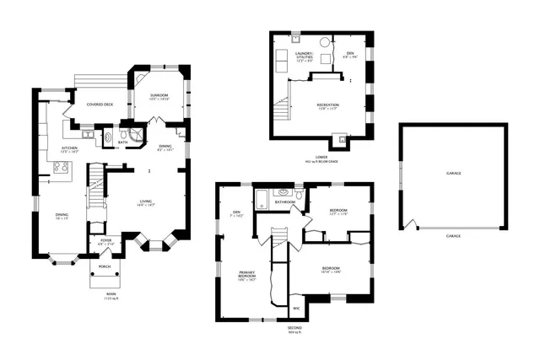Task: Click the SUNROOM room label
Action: pyautogui.click(x=159, y=95)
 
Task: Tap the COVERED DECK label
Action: pyautogui.click(x=100, y=105)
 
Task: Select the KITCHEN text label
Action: pyautogui.click(x=69, y=148)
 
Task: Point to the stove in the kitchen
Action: pyautogui.click(x=61, y=167)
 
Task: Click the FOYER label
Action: pyautogui.click(x=106, y=240)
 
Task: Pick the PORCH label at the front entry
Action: pyautogui.click(x=105, y=266)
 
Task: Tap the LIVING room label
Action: pyautogui.click(x=146, y=201)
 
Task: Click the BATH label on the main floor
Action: pyautogui.click(x=123, y=142)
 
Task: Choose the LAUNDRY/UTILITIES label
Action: pyautogui.click(x=303, y=57)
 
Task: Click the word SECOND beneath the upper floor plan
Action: pyautogui.click(x=294, y=329)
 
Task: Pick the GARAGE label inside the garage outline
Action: pyautogui.click(x=453, y=173)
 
